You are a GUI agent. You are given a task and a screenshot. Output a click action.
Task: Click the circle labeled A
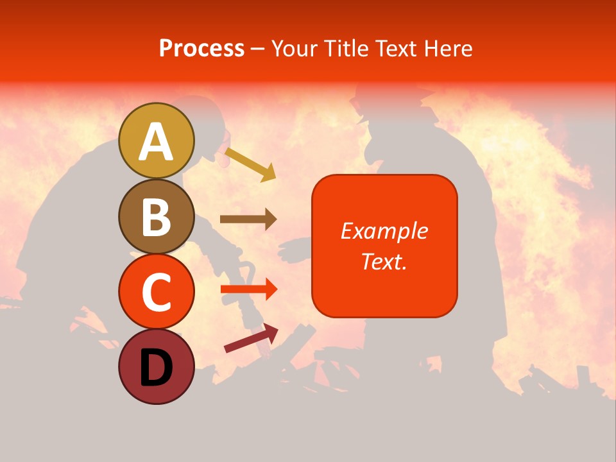pyautogui.click(x=157, y=141)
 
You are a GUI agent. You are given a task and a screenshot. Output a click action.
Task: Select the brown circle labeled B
pyautogui.click(x=157, y=216)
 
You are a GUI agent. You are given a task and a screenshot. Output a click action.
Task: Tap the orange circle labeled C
pyautogui.click(x=157, y=291)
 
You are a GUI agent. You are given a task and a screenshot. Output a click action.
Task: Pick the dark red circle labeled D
pyautogui.click(x=157, y=366)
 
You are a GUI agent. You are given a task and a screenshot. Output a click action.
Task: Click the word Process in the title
pyautogui.click(x=201, y=48)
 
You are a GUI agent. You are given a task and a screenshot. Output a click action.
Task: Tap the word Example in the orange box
pyautogui.click(x=384, y=231)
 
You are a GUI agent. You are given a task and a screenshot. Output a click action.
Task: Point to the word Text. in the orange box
pyautogui.click(x=384, y=261)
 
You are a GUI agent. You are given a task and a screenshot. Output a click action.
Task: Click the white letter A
pyautogui.click(x=157, y=142)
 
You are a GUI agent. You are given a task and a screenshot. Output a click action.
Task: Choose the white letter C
pyautogui.click(x=157, y=292)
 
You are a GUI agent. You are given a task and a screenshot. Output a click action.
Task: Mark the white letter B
pyautogui.click(x=157, y=217)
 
